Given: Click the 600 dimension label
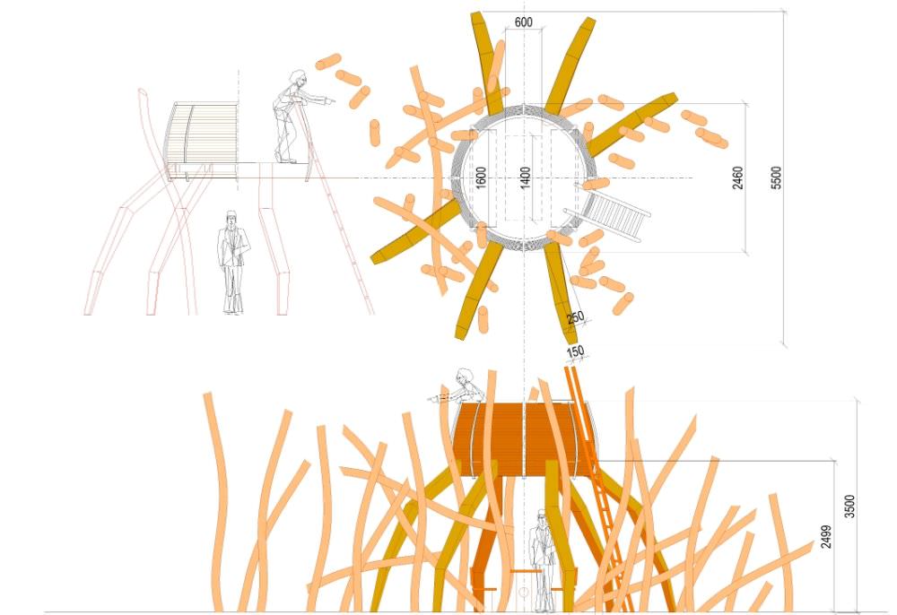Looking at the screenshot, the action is click(x=523, y=22).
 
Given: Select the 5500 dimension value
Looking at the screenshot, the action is click(x=776, y=178).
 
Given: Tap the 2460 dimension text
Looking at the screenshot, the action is click(x=738, y=178).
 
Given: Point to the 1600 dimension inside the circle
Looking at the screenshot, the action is click(x=481, y=178).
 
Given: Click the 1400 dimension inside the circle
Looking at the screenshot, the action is click(x=525, y=178).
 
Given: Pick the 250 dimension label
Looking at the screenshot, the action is click(x=576, y=317).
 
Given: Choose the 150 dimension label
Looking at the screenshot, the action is click(x=575, y=351).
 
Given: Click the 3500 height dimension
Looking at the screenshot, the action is click(x=850, y=507).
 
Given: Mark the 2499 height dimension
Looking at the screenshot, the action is click(x=826, y=537).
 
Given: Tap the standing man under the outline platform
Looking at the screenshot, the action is click(x=233, y=263).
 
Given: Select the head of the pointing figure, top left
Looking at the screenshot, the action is click(x=297, y=78).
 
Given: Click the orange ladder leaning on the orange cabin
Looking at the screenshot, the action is click(x=597, y=489).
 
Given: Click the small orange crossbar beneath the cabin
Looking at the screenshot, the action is click(x=525, y=570).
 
